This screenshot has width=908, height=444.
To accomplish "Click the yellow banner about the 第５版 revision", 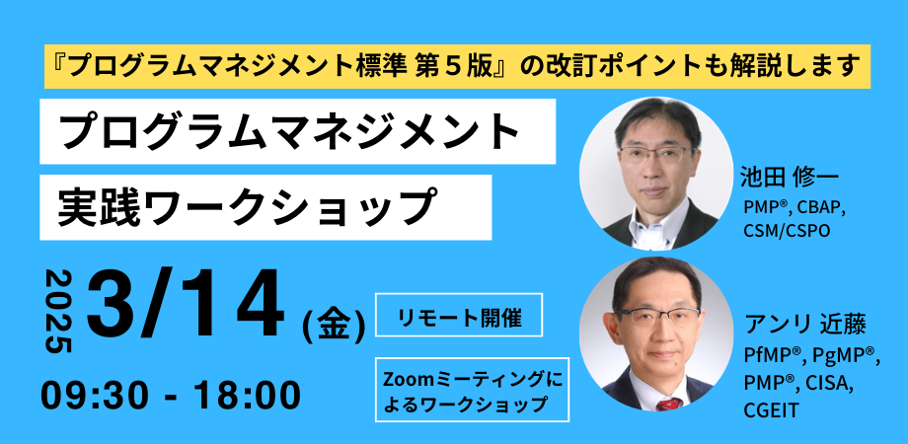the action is click(x=458, y=66).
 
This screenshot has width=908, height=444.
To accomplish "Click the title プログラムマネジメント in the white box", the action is click(x=289, y=132).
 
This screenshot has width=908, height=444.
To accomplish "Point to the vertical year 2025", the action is click(x=58, y=311).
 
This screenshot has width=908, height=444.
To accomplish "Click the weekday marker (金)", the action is click(x=335, y=326).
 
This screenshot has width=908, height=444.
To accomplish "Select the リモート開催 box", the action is click(x=459, y=315).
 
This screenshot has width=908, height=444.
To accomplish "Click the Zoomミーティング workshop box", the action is click(x=472, y=390).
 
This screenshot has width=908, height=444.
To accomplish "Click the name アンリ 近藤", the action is click(x=805, y=326).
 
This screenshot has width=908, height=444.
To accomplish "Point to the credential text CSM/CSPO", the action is click(x=787, y=230).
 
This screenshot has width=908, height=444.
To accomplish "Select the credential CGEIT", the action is click(x=772, y=410).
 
